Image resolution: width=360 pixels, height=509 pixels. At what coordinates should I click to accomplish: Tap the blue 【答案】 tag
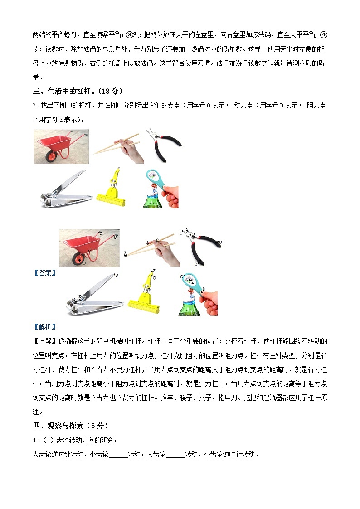tap(45, 272)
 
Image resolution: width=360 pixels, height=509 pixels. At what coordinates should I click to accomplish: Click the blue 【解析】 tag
tap(45, 326)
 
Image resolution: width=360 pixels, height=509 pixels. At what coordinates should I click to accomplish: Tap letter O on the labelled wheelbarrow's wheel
tap(83, 262)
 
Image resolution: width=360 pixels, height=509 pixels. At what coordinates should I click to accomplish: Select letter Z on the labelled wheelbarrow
tap(90, 250)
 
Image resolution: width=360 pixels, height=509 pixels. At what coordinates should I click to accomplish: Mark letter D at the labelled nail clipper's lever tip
tap(117, 275)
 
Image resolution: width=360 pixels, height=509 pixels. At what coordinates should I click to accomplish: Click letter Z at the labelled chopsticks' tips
tap(125, 253)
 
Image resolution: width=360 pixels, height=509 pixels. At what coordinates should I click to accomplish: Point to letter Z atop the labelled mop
tap(154, 271)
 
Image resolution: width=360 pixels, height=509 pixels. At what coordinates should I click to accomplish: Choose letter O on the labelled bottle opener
tap(182, 276)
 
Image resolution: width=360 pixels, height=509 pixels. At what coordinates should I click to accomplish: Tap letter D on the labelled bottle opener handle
tap(204, 289)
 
